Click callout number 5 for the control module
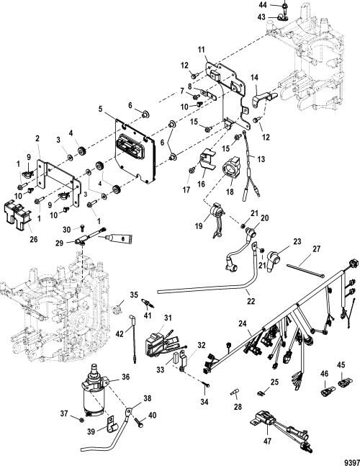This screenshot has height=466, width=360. [x=100, y=109]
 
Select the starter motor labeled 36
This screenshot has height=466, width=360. [x=95, y=390]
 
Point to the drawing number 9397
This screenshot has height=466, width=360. [x=351, y=462]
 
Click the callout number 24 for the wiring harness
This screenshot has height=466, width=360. [x=243, y=323]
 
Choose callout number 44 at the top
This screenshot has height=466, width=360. [x=263, y=5]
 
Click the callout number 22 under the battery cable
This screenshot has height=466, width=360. [x=251, y=301]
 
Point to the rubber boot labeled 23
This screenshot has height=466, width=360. [x=273, y=261]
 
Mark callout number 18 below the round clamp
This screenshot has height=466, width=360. [x=230, y=192]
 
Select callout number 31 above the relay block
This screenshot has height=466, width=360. [x=168, y=318]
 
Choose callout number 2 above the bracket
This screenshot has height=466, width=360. [x=37, y=138]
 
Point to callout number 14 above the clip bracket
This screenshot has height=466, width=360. [x=254, y=78]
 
